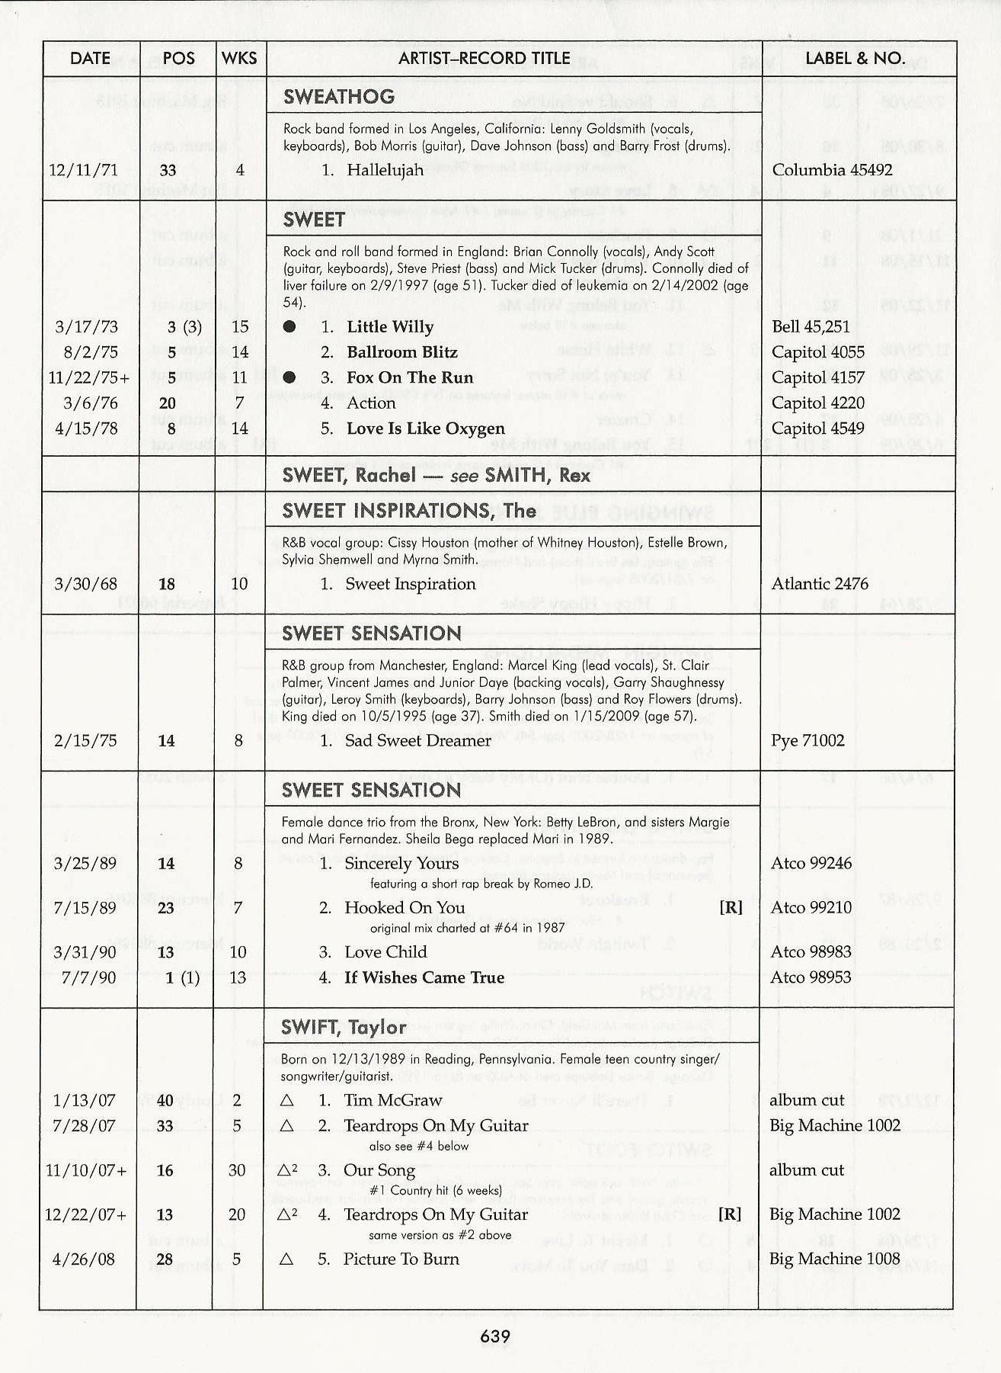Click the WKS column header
tap(238, 59)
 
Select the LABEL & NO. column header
tap(855, 59)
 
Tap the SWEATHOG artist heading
tap(339, 97)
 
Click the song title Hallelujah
tap(385, 170)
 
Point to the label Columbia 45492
tap(832, 170)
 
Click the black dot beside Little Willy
tap(289, 327)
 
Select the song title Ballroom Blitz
tap(401, 352)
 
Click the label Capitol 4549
tap(817, 428)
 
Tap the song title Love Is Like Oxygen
tap(425, 428)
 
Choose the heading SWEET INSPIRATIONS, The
tap(408, 511)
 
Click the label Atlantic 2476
tap(820, 584)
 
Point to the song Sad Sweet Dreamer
tap(417, 740)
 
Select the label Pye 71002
tap(808, 740)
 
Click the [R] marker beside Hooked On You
tap(730, 908)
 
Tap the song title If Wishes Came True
tap(424, 977)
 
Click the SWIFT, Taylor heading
tap(344, 1027)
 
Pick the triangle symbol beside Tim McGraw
tap(286, 1101)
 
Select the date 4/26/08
tap(85, 1259)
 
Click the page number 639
tap(495, 1336)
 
